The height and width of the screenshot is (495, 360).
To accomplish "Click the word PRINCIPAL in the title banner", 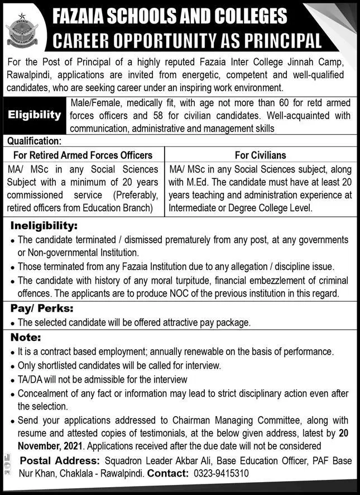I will [282, 41].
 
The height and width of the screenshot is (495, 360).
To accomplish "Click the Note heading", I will [25, 338].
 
